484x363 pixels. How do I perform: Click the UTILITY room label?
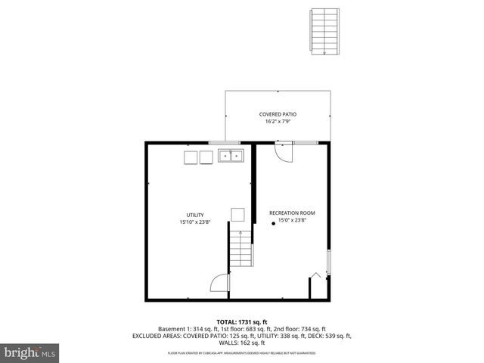195,216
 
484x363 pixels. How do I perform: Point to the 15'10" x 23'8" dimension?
195,223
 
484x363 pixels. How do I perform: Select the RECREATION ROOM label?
292,214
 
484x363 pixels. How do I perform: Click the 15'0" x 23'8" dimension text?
292,221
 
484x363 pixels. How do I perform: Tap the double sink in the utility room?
231,157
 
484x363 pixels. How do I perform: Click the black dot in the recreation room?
273,225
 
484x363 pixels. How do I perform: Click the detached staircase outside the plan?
324,31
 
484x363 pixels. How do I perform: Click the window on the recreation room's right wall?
328,262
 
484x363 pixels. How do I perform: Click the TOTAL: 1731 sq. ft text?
242,322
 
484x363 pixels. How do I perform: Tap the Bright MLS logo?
29,352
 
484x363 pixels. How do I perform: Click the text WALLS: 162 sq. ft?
242,343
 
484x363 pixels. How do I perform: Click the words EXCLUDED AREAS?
157,336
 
